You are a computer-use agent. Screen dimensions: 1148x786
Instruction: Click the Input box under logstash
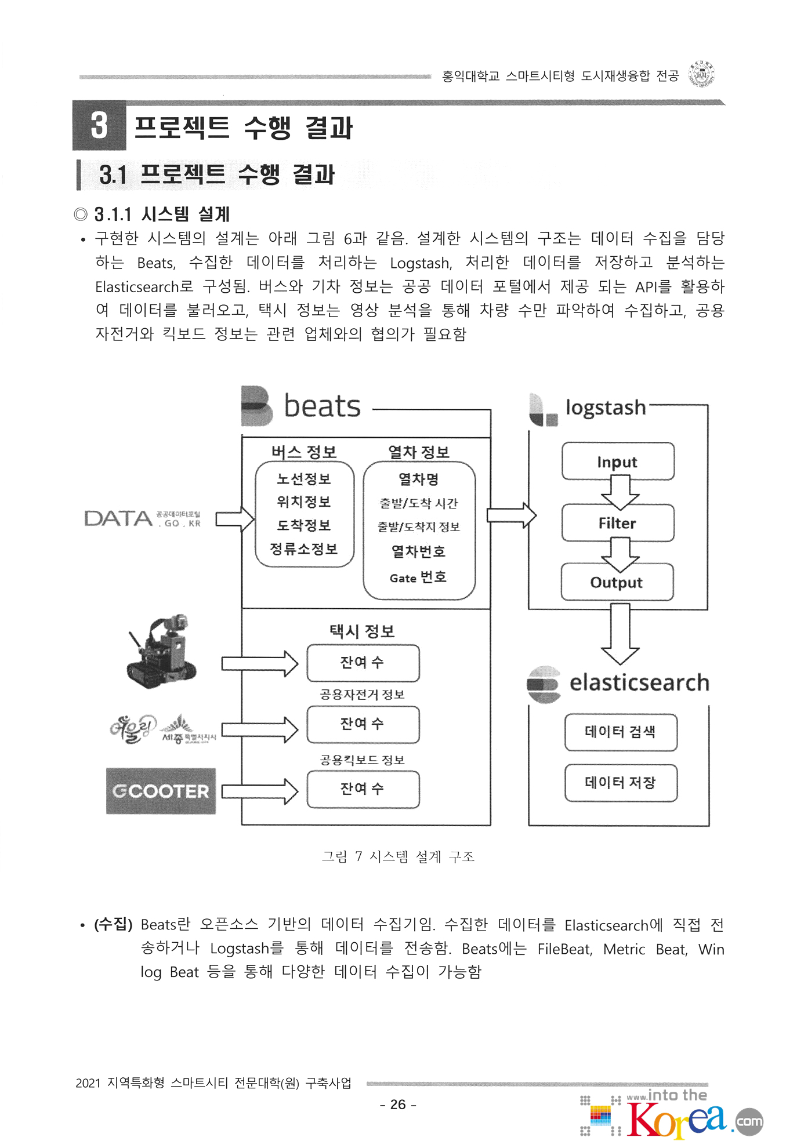pyautogui.click(x=618, y=462)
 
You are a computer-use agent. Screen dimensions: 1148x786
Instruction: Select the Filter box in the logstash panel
pyautogui.click(x=618, y=523)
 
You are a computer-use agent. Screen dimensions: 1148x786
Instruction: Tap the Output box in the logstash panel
pyautogui.click(x=617, y=582)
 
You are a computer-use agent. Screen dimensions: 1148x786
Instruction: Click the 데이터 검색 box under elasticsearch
pyautogui.click(x=621, y=732)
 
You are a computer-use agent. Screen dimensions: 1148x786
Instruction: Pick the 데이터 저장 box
pyautogui.click(x=621, y=783)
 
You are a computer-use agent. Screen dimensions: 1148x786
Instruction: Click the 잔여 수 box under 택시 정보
pyautogui.click(x=363, y=663)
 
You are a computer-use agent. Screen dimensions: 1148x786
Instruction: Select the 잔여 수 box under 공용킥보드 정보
pyautogui.click(x=363, y=789)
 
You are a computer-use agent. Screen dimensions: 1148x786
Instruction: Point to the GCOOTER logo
pyautogui.click(x=161, y=791)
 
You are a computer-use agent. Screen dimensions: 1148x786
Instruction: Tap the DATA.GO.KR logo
pyautogui.click(x=143, y=518)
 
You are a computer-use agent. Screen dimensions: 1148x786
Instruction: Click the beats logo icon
pyautogui.click(x=256, y=406)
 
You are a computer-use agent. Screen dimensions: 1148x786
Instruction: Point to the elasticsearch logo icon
pyautogui.click(x=544, y=684)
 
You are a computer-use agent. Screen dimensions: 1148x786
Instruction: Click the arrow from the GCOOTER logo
pyautogui.click(x=259, y=791)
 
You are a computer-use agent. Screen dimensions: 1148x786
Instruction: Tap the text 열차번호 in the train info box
pyautogui.click(x=418, y=551)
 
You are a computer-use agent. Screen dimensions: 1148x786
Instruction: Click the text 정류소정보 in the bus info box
pyautogui.click(x=304, y=549)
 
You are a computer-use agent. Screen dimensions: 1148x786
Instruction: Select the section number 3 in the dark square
pyautogui.click(x=99, y=125)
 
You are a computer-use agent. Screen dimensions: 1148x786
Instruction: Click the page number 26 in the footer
pyautogui.click(x=398, y=1105)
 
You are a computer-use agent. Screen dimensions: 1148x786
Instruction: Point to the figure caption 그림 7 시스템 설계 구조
pyautogui.click(x=398, y=856)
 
